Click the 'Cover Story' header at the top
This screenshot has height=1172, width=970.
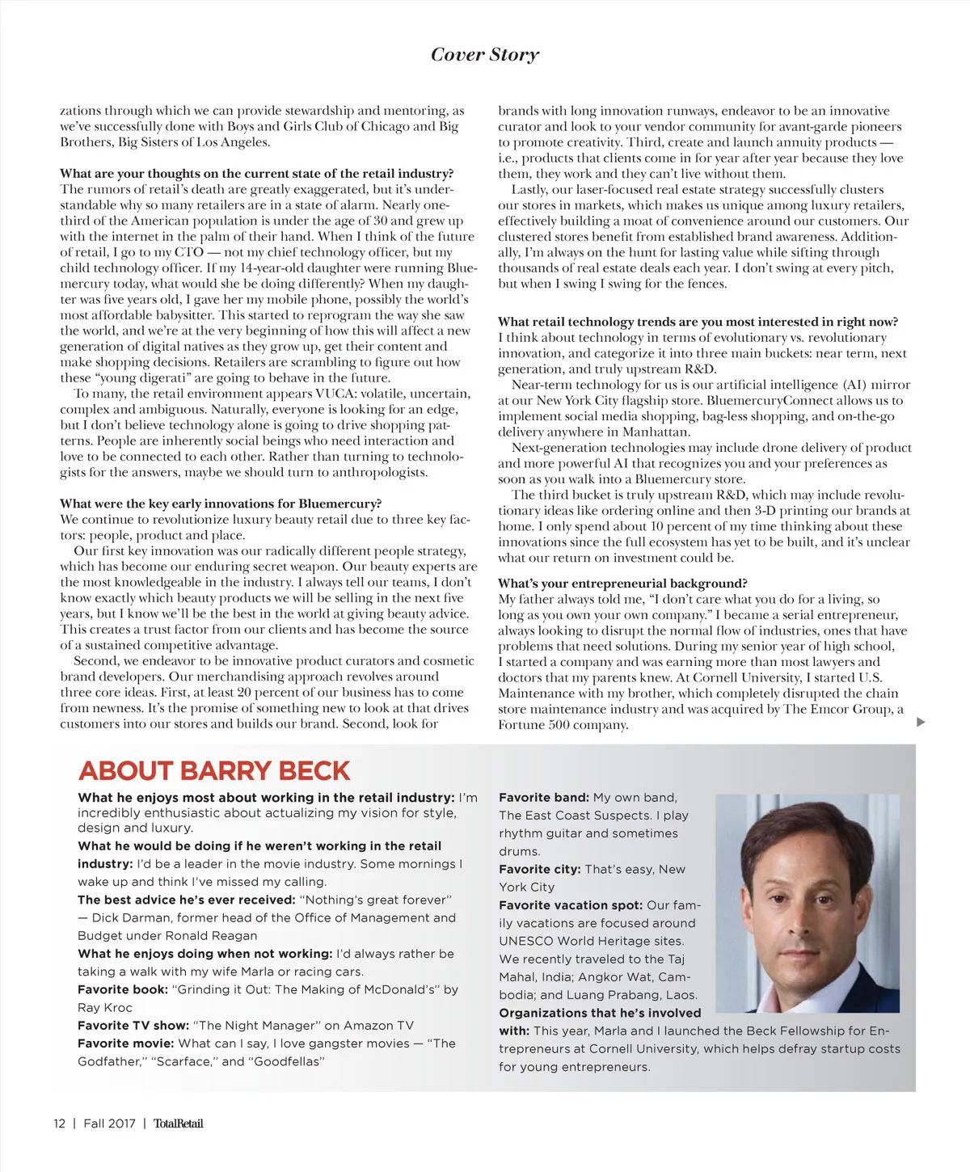point(484,54)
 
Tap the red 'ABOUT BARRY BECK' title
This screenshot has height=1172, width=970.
point(214,770)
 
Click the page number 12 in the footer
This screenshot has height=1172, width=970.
point(59,1123)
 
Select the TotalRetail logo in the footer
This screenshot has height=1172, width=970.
point(178,1123)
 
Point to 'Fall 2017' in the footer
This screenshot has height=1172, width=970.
point(109,1123)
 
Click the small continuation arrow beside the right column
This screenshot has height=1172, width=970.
point(921,722)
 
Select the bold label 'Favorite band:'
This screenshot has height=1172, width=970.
point(543,797)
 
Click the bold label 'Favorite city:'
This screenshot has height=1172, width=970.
point(539,869)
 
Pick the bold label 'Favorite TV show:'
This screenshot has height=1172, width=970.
point(133,1025)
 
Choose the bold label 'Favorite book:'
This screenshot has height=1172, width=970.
point(123,989)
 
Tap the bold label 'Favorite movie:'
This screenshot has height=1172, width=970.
point(126,1043)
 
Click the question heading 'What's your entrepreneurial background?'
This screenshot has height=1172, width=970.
point(622,583)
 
